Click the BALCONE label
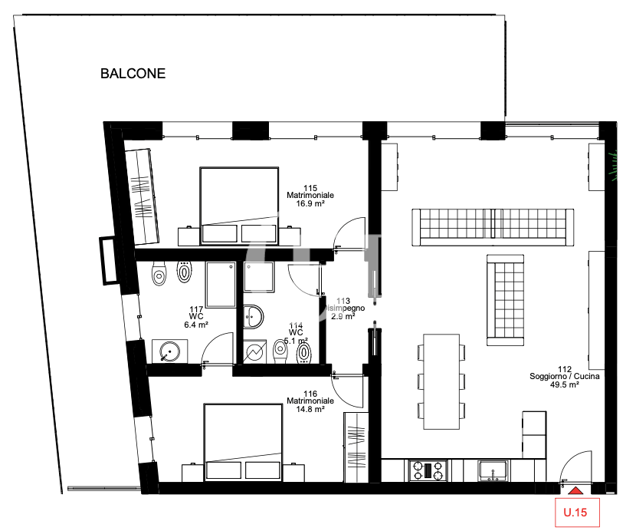(133, 74)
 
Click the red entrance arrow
(575, 490)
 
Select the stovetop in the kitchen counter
(428, 470)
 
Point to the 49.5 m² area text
(564, 385)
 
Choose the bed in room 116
(243, 443)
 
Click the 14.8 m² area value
(310, 409)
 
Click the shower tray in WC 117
(221, 284)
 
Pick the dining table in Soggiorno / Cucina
(442, 381)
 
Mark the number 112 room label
(564, 368)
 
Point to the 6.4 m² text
(197, 325)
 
